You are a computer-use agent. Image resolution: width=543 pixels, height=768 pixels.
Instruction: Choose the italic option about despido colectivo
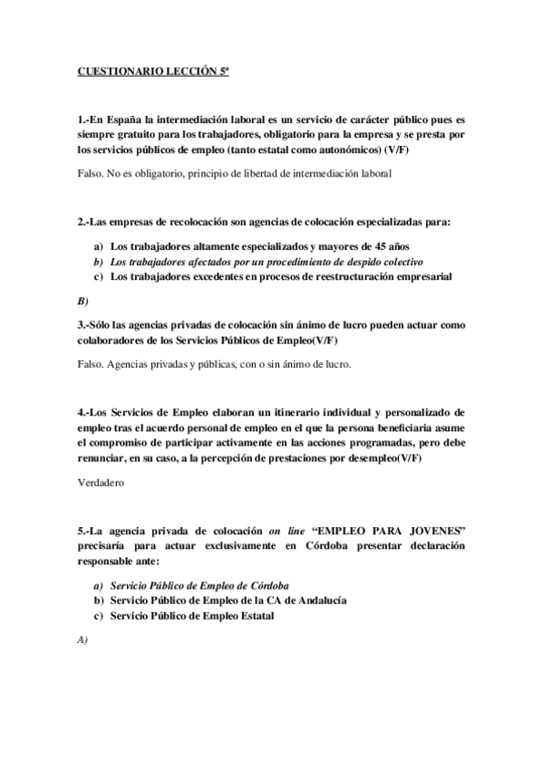click(261, 261)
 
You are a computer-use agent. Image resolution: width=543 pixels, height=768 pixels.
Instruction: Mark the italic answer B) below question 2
click(82, 300)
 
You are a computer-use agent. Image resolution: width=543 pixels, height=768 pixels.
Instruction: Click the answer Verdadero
click(102, 483)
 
